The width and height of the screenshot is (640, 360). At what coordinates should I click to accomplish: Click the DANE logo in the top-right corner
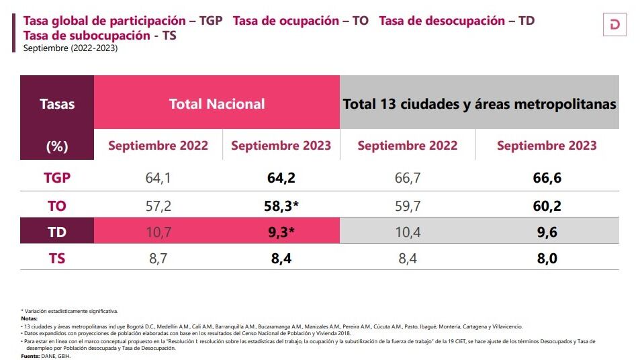[x=614, y=25]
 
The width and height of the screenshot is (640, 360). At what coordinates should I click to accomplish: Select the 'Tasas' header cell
[x=57, y=104]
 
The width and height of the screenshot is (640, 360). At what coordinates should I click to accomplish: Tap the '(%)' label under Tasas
[x=57, y=146]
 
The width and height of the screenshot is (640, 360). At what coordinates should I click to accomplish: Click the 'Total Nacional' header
[x=217, y=104]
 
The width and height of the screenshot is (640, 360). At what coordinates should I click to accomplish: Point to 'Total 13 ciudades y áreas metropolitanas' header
[x=479, y=104]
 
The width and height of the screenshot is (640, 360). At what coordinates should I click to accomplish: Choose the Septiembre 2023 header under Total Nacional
[x=281, y=146]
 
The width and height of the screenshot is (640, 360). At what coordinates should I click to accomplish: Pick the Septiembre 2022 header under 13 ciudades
[x=407, y=146]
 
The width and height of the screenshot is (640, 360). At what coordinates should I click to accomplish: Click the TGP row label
[x=57, y=178]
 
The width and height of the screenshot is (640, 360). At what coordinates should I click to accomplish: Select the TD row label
[x=57, y=232]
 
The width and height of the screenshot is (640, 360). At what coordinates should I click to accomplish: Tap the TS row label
[x=57, y=258]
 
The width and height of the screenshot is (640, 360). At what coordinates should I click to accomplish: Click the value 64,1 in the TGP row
[x=158, y=178]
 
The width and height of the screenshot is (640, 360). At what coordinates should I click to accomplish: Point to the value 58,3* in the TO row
[x=281, y=206]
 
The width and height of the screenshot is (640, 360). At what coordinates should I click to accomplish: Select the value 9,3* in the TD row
[x=281, y=232]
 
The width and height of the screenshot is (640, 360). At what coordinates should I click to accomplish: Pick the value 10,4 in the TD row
[x=407, y=232]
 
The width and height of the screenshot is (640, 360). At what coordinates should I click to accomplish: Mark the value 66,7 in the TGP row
[x=407, y=178]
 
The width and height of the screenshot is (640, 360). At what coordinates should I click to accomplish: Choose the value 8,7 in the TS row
[x=158, y=258]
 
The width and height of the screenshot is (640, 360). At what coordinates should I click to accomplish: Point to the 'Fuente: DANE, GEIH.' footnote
[x=46, y=356]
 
